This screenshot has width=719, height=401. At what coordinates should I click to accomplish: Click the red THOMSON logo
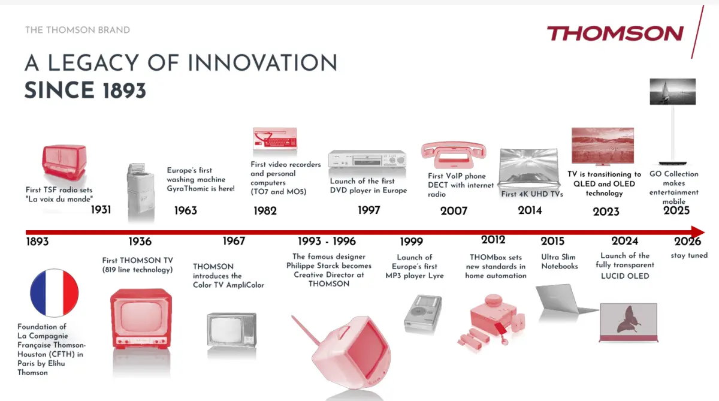(x=615, y=34)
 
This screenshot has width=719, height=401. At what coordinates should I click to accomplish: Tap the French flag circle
(x=55, y=293)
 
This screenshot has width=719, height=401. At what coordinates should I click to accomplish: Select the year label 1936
(x=140, y=242)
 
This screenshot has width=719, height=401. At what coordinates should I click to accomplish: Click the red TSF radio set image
(x=64, y=161)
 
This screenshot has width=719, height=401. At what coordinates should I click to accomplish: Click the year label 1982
(x=265, y=211)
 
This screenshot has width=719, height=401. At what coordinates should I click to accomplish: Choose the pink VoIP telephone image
(x=454, y=155)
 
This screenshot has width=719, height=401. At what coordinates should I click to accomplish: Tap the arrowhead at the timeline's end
(x=698, y=232)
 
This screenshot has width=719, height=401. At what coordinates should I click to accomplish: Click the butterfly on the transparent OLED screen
(x=629, y=319)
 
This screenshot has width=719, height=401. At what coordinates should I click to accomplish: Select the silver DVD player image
(x=367, y=159)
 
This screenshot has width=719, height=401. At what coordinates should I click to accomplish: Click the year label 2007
(x=454, y=211)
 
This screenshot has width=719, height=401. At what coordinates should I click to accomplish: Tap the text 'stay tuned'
(x=689, y=255)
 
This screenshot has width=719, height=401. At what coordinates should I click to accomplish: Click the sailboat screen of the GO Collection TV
(x=673, y=92)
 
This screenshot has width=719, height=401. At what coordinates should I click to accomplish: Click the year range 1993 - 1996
(x=327, y=242)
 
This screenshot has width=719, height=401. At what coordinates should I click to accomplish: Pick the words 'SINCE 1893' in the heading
(x=85, y=91)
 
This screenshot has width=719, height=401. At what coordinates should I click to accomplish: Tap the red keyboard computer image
(x=275, y=138)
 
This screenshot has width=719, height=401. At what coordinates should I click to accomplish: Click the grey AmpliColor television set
(x=232, y=330)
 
